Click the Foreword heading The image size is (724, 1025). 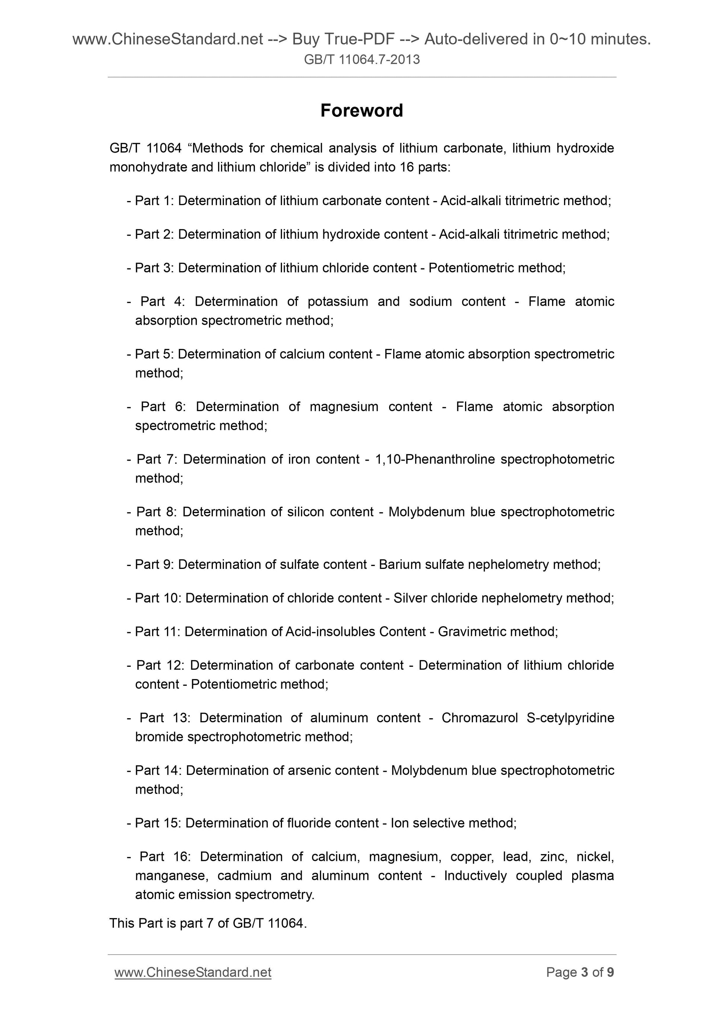(x=361, y=110)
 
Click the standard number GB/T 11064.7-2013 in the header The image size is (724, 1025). (x=361, y=59)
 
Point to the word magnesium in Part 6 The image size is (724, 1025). (x=343, y=407)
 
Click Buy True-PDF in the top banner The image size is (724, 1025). (x=343, y=39)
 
